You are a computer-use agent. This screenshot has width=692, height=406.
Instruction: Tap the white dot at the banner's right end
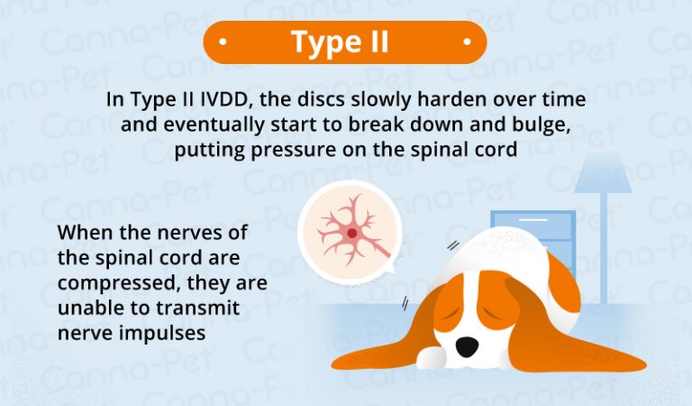(x=467, y=42)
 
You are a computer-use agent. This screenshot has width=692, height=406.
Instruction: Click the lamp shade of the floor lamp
(x=601, y=173)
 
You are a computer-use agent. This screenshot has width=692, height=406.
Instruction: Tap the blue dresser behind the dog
(x=532, y=239)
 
